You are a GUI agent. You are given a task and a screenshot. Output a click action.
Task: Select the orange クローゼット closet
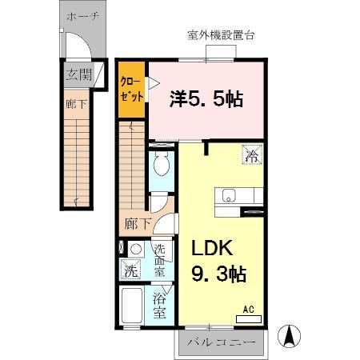tap(131, 87)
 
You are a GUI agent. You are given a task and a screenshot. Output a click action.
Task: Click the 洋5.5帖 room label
tap(206, 99)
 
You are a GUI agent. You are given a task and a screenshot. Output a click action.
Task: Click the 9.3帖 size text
tap(217, 274)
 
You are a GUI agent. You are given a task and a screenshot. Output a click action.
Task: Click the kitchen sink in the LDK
tap(228, 194)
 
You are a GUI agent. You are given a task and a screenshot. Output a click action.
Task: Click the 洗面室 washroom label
tap(160, 260)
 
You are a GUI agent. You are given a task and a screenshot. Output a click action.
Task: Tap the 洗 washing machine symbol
tap(130, 270)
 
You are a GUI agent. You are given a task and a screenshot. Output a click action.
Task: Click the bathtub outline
tap(131, 307)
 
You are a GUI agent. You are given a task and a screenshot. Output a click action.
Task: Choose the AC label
tap(247, 309)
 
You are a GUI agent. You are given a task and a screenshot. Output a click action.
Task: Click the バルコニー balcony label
tap(222, 342)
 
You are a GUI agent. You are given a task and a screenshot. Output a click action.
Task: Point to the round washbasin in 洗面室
tap(136, 249)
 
